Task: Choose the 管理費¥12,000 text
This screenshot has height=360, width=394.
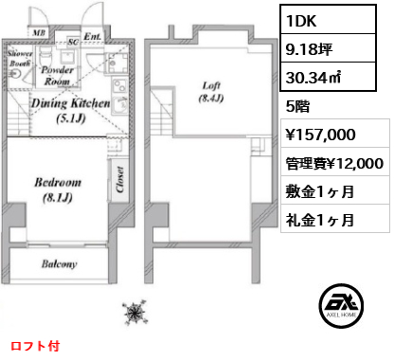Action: coord(333,163)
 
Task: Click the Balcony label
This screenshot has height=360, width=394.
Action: coord(58,265)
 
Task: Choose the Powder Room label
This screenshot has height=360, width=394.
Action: coord(59,74)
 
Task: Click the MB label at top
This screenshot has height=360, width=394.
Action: coord(38,31)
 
